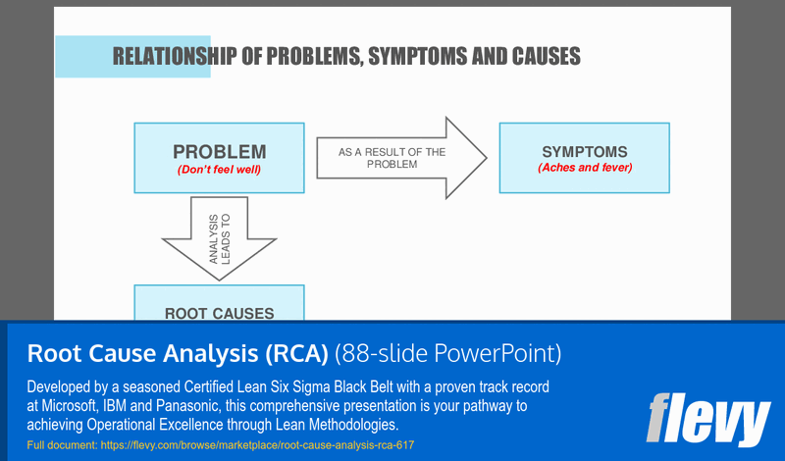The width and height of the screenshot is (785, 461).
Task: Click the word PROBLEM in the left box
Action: [219, 152]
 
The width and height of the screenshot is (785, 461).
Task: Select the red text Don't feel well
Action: [219, 169]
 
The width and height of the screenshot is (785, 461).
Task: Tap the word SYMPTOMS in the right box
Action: [584, 152]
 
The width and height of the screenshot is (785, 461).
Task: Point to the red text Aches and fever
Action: [585, 168]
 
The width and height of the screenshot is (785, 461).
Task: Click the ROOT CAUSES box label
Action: [219, 313]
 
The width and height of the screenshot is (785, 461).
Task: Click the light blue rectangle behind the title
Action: [83, 56]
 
